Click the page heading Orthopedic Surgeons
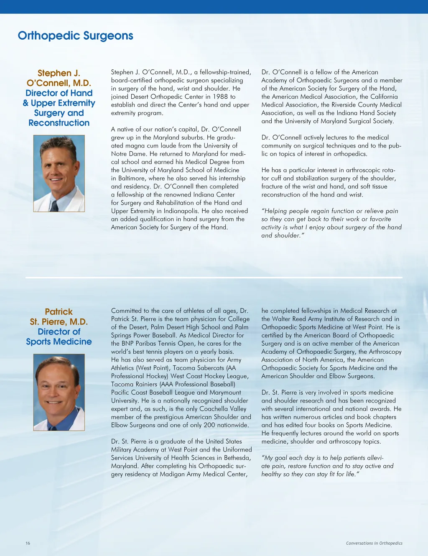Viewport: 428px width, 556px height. (x=75, y=36)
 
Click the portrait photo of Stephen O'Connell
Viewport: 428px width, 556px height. (x=59, y=173)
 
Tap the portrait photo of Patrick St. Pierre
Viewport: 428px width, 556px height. (x=59, y=392)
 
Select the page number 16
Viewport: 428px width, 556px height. (x=28, y=543)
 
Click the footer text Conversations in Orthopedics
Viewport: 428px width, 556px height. (x=374, y=543)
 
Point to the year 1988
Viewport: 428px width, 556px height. (x=220, y=97)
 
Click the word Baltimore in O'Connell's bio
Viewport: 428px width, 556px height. (x=131, y=178)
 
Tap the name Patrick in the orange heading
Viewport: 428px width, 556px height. (x=59, y=312)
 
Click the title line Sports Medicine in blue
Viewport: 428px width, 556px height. (x=59, y=342)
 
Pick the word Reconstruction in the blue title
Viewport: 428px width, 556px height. (x=59, y=123)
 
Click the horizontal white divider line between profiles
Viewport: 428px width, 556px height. (x=214, y=278)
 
